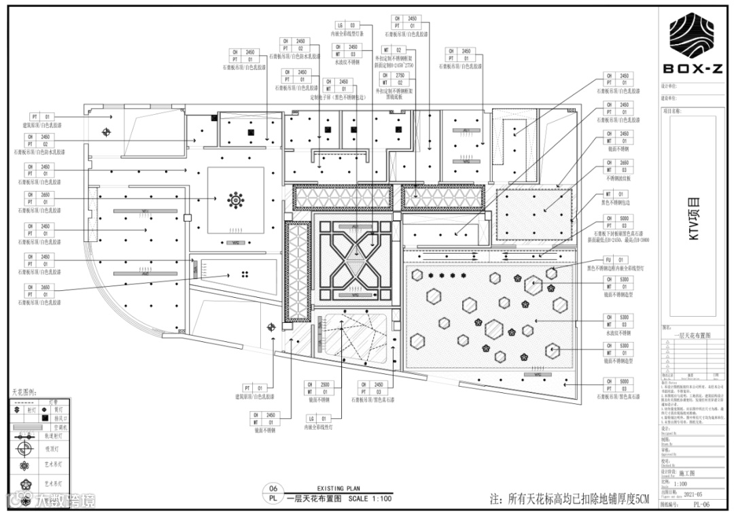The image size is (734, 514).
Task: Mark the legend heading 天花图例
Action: (24, 393)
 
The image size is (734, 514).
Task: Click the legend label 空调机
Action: (63, 427)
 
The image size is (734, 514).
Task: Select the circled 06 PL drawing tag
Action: (274, 493)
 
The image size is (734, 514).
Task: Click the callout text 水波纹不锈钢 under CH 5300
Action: (618, 334)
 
